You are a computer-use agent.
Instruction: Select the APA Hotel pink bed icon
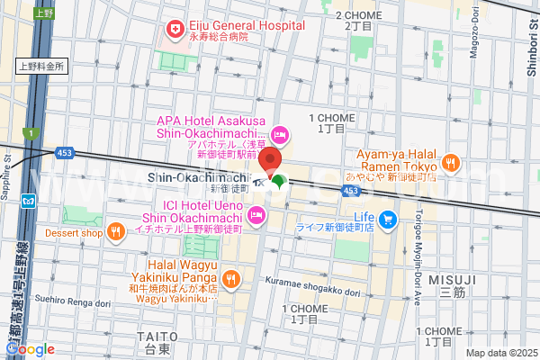pos(280,136)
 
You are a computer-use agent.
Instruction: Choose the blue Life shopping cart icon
pos(388,218)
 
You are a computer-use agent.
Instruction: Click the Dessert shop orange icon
pos(116,233)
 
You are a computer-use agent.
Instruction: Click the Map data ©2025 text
pos(499,353)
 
